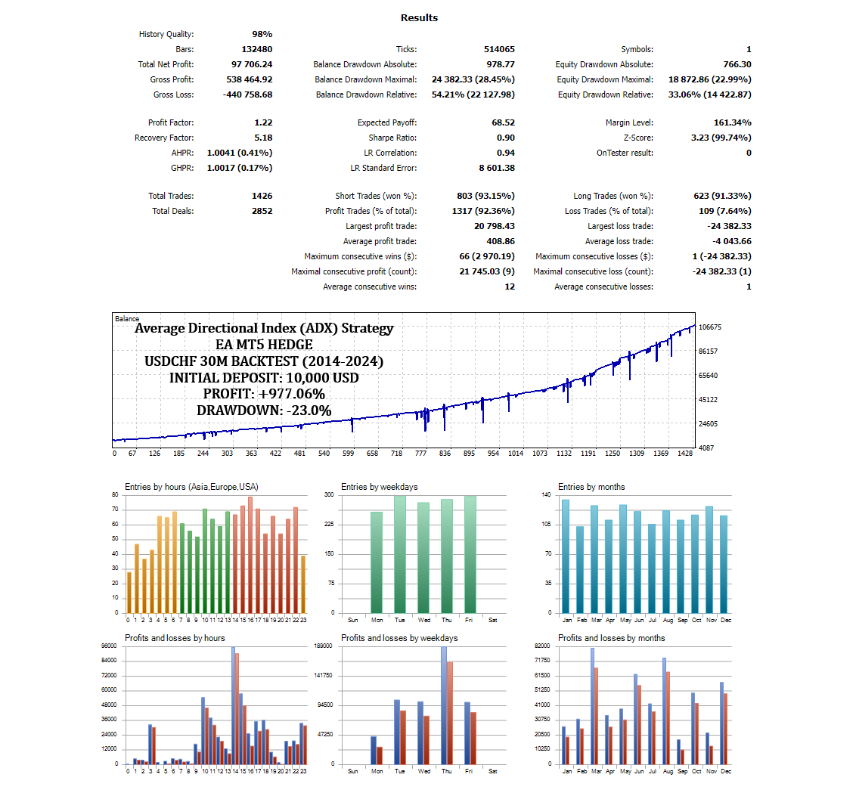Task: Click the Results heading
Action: tap(419, 17)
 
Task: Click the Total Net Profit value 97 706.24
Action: tap(252, 64)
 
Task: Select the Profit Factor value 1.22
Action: tap(263, 122)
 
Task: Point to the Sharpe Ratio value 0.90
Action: tap(506, 138)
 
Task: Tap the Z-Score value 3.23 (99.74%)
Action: tap(721, 138)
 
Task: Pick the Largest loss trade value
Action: tap(727, 226)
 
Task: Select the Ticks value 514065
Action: tap(499, 49)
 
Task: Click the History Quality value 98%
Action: tap(262, 34)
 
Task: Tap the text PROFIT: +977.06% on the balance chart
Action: tap(264, 394)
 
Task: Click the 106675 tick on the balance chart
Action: tap(711, 327)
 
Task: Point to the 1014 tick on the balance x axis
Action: tap(516, 454)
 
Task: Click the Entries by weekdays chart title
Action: tap(379, 487)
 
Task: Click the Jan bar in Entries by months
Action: tap(566, 556)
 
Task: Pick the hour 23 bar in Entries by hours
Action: tap(303, 584)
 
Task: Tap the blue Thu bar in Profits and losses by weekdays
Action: tap(444, 705)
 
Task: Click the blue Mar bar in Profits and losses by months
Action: tap(592, 705)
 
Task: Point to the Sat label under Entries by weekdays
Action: tap(493, 620)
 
